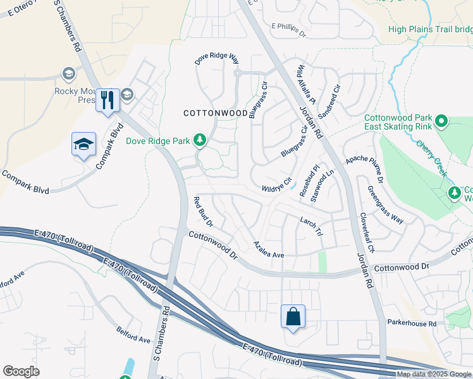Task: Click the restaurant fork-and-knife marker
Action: click(x=107, y=100)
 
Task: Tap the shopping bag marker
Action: click(x=293, y=316)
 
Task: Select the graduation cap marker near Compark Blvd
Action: click(x=83, y=145)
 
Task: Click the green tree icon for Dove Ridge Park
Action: click(x=200, y=140)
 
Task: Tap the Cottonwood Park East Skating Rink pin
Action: click(x=441, y=121)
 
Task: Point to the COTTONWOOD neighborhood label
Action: click(x=215, y=113)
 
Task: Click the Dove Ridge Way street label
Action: click(x=216, y=59)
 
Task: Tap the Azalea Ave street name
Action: click(x=269, y=248)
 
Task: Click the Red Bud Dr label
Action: click(x=203, y=212)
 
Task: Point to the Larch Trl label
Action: click(x=312, y=226)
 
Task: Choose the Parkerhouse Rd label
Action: click(x=412, y=323)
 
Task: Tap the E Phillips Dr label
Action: click(x=288, y=29)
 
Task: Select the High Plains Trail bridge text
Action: click(x=430, y=29)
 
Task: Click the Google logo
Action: click(x=21, y=371)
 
